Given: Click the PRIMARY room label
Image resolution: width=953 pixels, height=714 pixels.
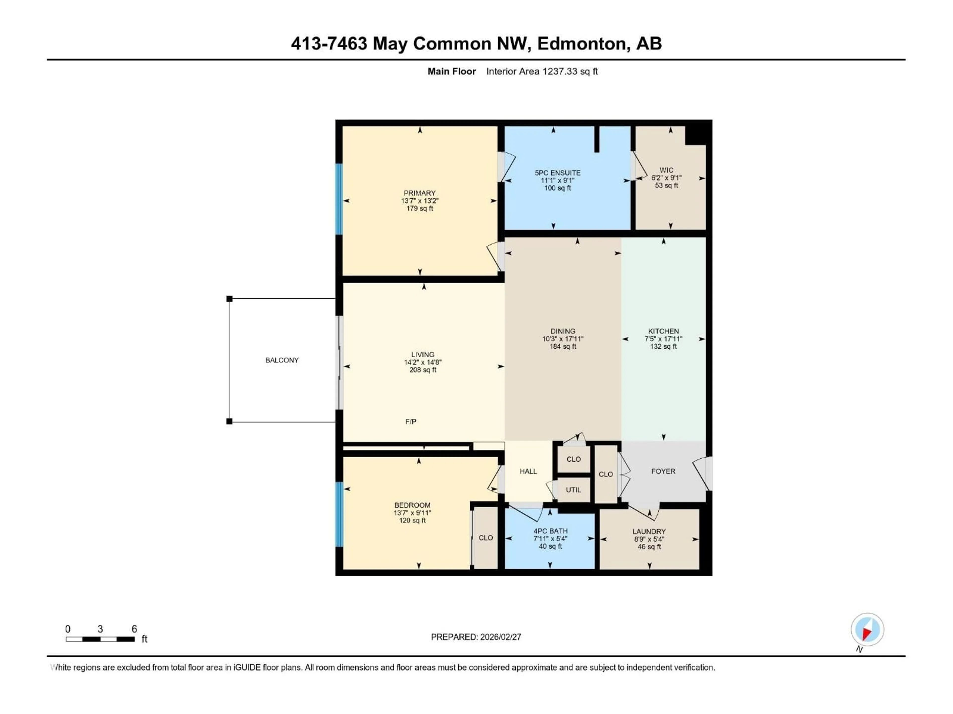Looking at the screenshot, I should [x=419, y=193].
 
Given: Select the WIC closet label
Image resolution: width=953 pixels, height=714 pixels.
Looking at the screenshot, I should [x=666, y=170].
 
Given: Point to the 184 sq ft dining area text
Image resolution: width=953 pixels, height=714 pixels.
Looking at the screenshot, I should [x=563, y=346].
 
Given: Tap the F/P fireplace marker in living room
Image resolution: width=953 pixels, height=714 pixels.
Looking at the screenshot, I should [x=410, y=422].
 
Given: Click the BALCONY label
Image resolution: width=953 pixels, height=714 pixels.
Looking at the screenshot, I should [x=282, y=360].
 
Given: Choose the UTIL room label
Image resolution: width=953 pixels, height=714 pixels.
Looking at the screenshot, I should [x=573, y=490].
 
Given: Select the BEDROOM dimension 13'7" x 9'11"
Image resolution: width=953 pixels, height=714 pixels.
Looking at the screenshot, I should [x=412, y=513].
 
